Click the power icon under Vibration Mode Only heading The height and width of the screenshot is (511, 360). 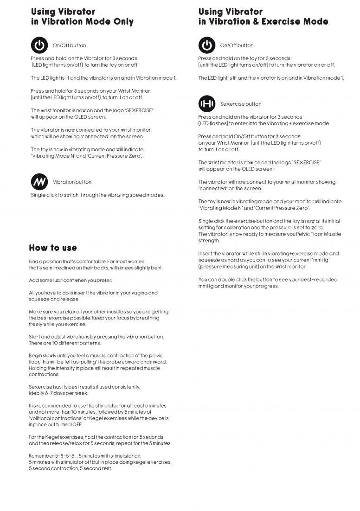[x=39, y=45]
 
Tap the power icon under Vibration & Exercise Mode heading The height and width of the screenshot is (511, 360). [x=207, y=45]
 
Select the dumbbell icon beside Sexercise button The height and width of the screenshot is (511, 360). [x=207, y=104]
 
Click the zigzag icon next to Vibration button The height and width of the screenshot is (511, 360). [x=39, y=182]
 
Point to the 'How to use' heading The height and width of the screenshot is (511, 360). [x=53, y=248]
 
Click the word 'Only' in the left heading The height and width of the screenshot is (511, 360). [x=123, y=22]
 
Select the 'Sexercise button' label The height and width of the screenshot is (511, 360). [x=240, y=104]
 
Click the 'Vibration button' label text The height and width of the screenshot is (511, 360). [x=72, y=182]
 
